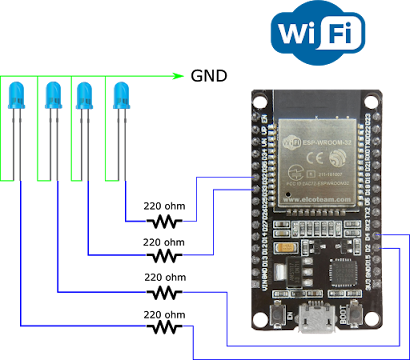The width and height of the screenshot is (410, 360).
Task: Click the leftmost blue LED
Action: tap(16, 96)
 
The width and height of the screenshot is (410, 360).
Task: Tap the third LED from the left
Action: tap(85, 96)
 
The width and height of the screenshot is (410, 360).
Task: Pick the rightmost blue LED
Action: tap(121, 96)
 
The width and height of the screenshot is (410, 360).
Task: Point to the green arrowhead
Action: tap(179, 75)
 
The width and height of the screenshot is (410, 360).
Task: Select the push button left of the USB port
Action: tap(273, 318)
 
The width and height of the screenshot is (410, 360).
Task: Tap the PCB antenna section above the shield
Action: tap(317, 102)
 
